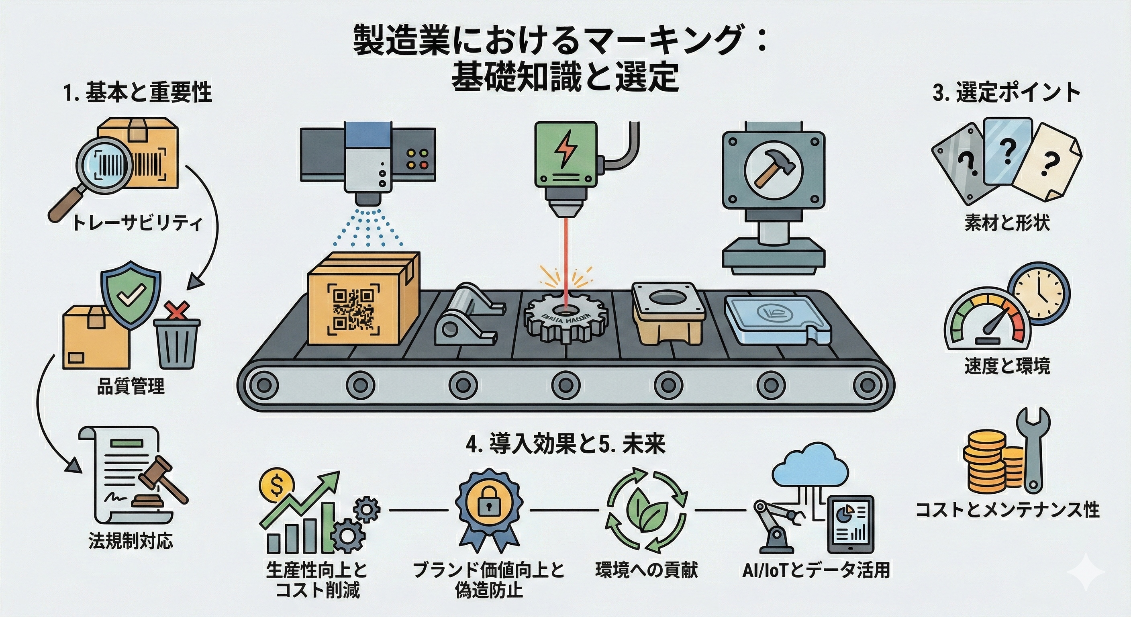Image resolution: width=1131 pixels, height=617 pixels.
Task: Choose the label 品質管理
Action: pyautogui.click(x=131, y=386)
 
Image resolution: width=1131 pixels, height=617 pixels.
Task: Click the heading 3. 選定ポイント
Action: pyautogui.click(x=1006, y=93)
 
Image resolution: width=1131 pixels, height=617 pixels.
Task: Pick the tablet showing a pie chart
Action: pyautogui.click(x=850, y=525)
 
